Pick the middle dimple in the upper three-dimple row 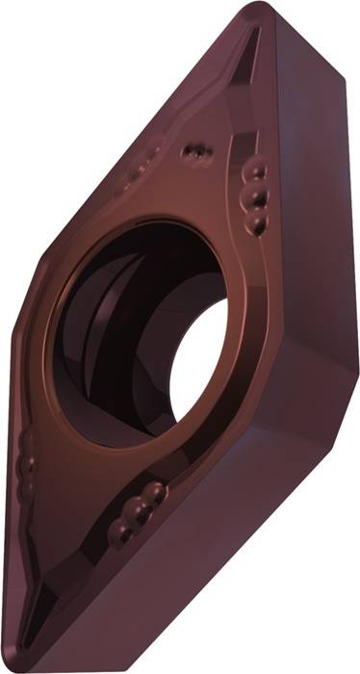(x=257, y=196)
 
